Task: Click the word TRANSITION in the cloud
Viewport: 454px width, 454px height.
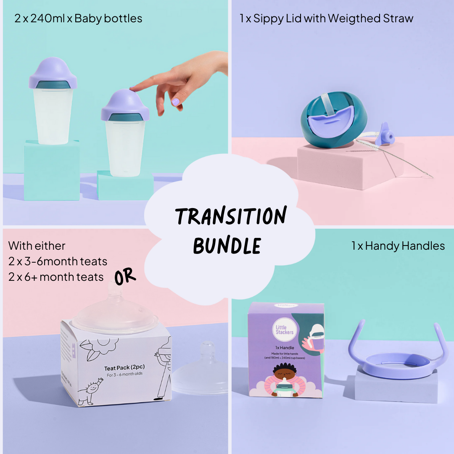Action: (x=231, y=216)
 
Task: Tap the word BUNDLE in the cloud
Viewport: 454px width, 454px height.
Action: (x=227, y=245)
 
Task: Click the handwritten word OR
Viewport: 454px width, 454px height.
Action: (x=125, y=275)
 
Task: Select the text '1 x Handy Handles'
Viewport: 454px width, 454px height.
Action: (x=398, y=246)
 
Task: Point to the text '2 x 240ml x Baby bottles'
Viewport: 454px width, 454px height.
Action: (x=78, y=19)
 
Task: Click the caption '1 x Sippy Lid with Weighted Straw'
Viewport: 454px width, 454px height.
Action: (x=327, y=19)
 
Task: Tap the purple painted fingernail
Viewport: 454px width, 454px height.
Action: (x=176, y=101)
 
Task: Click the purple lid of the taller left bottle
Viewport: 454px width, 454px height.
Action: (x=53, y=71)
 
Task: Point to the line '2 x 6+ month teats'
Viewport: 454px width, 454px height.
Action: (x=56, y=277)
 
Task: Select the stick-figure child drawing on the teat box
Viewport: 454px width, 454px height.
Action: (x=90, y=389)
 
